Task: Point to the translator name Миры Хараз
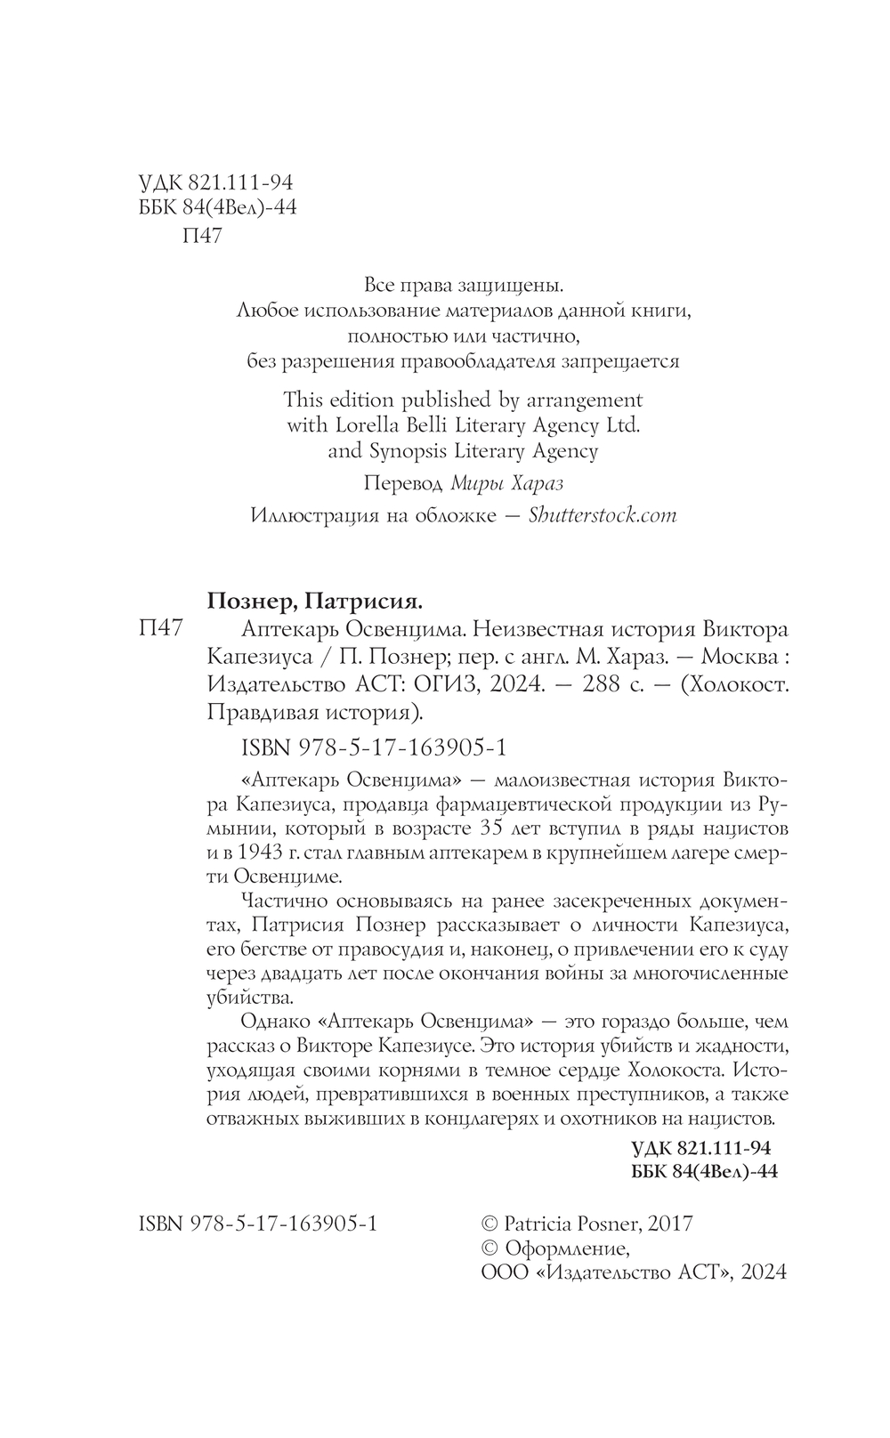508,484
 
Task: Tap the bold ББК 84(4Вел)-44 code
703,1171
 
